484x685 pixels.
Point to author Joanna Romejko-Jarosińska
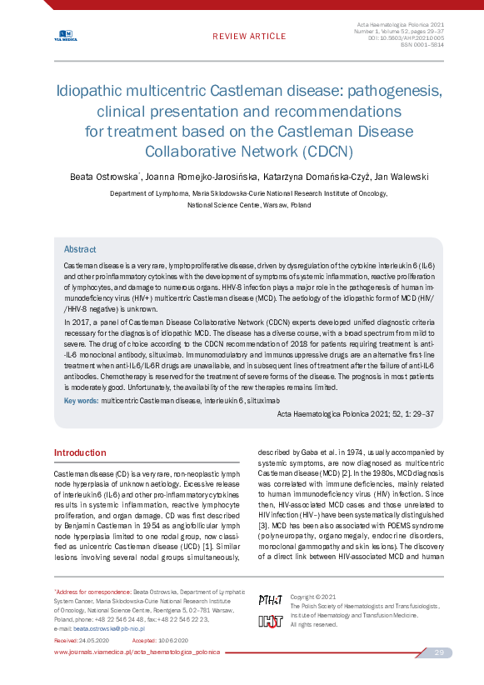coord(201,177)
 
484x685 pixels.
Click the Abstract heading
coord(80,249)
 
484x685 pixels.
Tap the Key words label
coord(81,401)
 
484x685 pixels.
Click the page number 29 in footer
coord(438,652)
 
